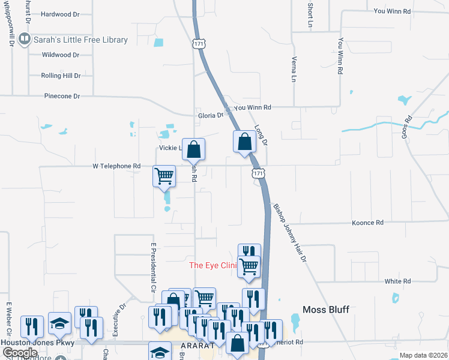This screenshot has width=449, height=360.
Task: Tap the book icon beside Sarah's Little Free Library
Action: point(25,40)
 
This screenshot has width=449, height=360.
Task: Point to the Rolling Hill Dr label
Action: point(61,76)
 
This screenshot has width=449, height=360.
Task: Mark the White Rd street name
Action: point(397,281)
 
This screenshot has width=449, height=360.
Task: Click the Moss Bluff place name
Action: point(325,309)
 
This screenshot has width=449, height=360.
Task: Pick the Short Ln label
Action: point(310,16)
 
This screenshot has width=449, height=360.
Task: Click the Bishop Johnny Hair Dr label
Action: point(290,233)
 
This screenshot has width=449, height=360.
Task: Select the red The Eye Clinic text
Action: point(213,265)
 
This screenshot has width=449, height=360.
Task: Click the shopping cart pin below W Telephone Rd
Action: point(164,177)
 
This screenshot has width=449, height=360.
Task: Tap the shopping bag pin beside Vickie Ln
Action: point(194,150)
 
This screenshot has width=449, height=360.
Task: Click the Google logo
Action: point(20,353)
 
